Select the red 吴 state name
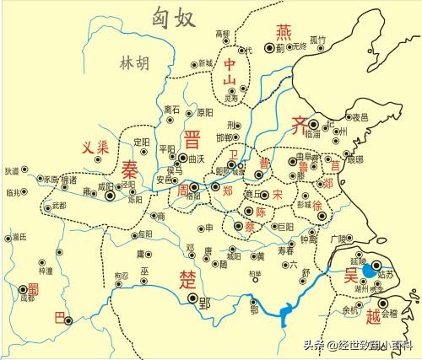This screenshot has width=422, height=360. [349, 276]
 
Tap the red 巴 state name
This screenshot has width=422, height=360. [57, 316]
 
